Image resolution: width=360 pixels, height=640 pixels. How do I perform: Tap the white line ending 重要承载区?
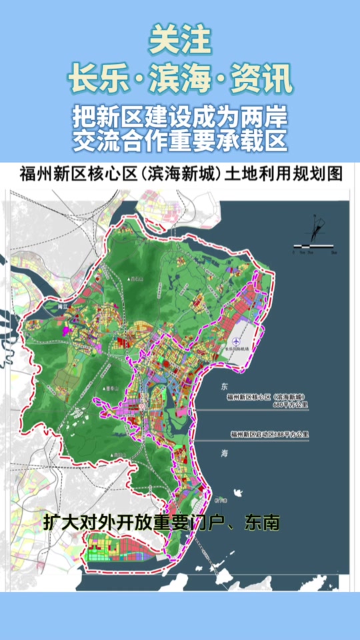coord(180,141)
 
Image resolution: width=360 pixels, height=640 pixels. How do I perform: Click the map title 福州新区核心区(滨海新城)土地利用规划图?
coord(180,175)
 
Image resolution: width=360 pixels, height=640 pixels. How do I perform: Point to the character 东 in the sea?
coord(224,386)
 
